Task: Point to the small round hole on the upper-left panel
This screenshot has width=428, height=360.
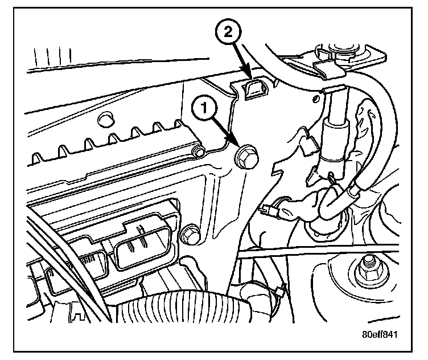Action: tap(104, 120)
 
